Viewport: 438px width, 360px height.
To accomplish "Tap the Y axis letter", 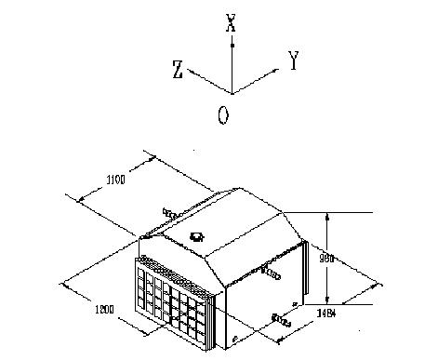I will (x=293, y=62).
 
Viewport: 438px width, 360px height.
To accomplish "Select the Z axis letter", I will (x=177, y=69).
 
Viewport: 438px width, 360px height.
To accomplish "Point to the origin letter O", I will (x=223, y=114).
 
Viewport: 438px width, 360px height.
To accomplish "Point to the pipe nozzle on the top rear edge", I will (x=171, y=213).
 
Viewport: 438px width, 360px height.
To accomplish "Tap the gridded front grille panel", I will (x=175, y=300).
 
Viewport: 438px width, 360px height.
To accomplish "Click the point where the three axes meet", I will (x=232, y=94).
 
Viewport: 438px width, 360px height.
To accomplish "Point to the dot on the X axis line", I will (x=232, y=44).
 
